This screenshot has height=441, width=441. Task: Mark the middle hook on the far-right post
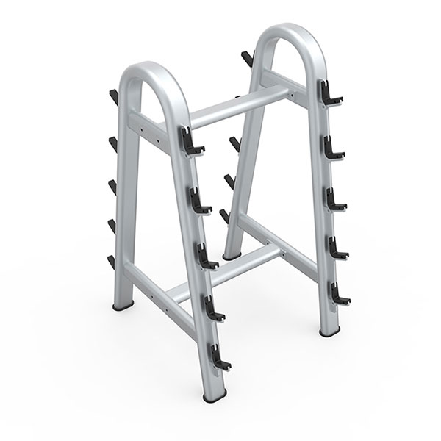[334, 197]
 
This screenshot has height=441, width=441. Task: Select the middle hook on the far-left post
[113, 183]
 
